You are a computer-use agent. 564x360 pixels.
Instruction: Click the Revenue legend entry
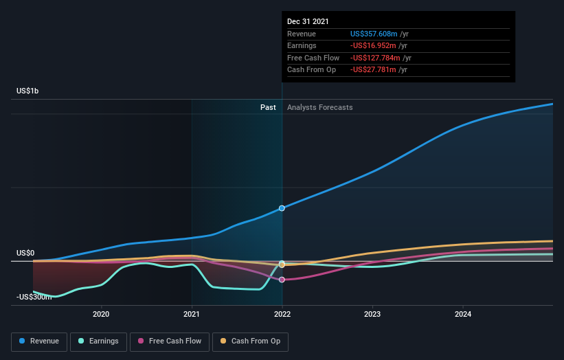[x=39, y=341]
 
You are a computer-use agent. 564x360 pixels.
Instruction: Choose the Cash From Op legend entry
[x=251, y=341]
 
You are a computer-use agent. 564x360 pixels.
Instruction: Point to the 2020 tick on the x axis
[x=101, y=315]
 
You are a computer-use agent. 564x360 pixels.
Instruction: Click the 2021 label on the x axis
[x=192, y=315]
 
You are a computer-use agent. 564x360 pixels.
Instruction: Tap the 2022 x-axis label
[x=282, y=315]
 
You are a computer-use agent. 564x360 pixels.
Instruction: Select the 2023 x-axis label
[x=372, y=315]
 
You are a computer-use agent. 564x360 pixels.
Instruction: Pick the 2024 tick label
[x=463, y=315]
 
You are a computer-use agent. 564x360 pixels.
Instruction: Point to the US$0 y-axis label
[x=25, y=253]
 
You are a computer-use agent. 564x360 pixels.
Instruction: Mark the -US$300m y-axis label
[x=34, y=297]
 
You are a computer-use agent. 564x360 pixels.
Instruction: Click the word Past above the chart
[x=268, y=107]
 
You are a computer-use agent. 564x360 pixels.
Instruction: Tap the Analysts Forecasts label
[x=319, y=107]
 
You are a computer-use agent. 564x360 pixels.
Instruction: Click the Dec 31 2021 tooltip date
[x=308, y=21]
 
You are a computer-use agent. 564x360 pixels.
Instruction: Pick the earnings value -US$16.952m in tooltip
[x=375, y=46]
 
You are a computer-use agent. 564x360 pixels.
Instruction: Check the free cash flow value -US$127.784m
[x=375, y=58]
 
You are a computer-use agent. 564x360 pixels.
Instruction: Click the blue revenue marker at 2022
[x=282, y=207]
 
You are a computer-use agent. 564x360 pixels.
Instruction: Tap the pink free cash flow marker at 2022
[x=282, y=279]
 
